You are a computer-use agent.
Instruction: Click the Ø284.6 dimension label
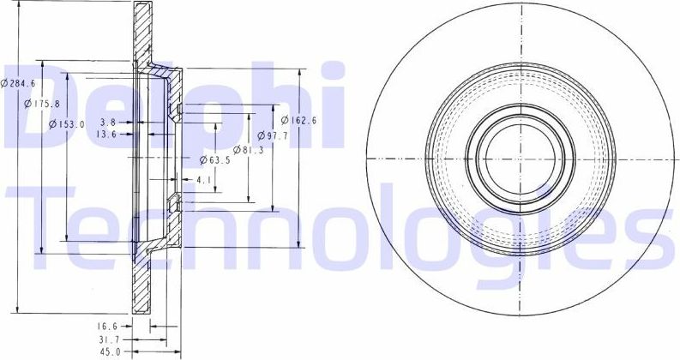tap(19, 83)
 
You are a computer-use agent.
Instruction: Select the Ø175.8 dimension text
tap(43, 104)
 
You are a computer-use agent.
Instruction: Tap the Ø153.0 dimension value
tap(67, 124)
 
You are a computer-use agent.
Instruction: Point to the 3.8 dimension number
tap(108, 122)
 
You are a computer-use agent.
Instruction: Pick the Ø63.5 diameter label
tap(215, 159)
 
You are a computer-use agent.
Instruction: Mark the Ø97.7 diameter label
tap(272, 135)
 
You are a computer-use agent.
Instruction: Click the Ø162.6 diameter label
tap(299, 121)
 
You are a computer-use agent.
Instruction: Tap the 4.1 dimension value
tap(203, 179)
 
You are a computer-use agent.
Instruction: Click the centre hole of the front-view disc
tap(520, 159)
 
